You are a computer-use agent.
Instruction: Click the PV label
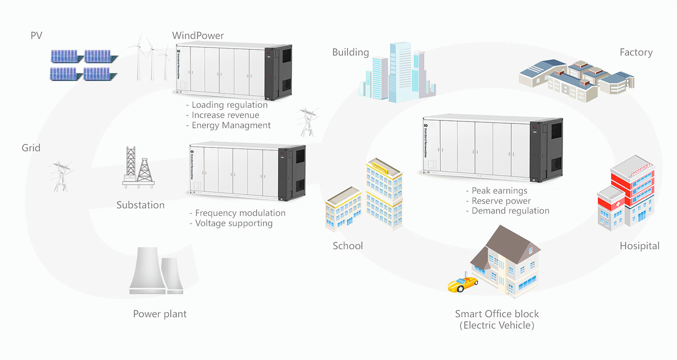[x=36, y=36]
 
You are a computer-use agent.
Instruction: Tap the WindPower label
[x=198, y=36]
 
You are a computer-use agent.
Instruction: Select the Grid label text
[x=31, y=148]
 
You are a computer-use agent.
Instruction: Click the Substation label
[x=140, y=205]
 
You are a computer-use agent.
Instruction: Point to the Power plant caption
[x=160, y=314]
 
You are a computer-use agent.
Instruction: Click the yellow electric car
[x=462, y=284]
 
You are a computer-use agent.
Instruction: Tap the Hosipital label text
[x=639, y=246]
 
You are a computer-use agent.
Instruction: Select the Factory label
[x=636, y=53]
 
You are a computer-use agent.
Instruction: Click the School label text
[x=348, y=246]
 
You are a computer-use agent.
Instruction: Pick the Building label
[x=350, y=52]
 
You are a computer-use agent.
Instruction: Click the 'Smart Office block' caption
[x=496, y=314]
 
